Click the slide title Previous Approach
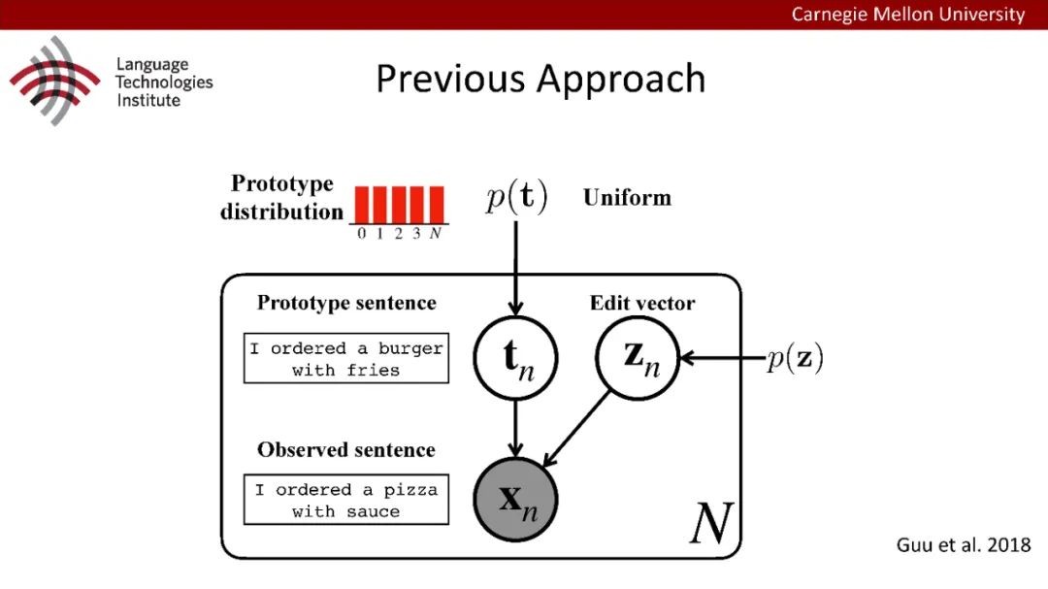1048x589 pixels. tap(540, 80)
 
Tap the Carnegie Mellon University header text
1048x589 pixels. tap(907, 15)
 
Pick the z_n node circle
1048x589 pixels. tap(636, 357)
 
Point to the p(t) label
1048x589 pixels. tap(516, 198)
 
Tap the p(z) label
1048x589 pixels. tap(795, 359)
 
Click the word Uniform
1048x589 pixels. tap(627, 198)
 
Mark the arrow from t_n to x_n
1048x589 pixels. tap(516, 427)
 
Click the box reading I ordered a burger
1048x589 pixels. tap(346, 359)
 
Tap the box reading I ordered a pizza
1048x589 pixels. tap(346, 501)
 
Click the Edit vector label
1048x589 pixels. tap(642, 303)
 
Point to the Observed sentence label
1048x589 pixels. tap(346, 449)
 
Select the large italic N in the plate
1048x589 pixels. tap(710, 525)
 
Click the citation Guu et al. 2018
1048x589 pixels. tap(963, 545)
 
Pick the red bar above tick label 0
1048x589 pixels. tap(361, 205)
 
